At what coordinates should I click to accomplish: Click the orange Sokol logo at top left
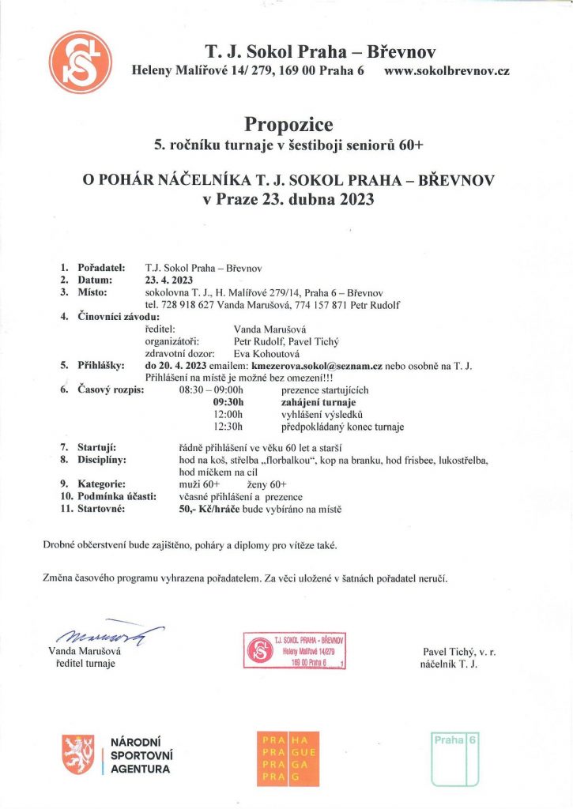(79, 62)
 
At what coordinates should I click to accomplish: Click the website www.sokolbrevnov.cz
(446, 71)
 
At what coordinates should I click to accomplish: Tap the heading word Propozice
(288, 125)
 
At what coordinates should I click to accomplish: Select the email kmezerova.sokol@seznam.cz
(316, 367)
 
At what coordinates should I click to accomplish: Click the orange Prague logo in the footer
(288, 758)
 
